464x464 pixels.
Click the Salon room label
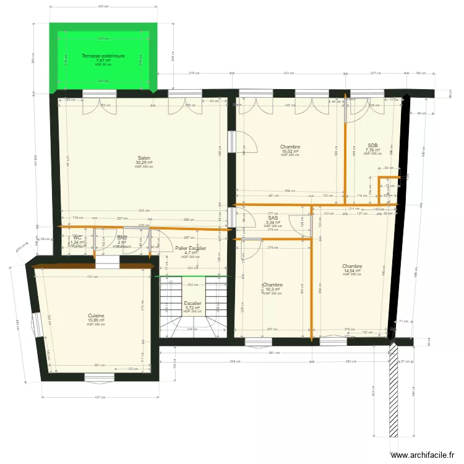coord(144,158)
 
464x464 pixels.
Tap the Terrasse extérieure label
coord(103,56)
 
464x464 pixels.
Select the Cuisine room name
coord(96,316)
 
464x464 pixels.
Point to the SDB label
coord(372,145)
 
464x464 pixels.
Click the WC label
coord(77,238)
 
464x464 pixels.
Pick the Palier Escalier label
coord(191,248)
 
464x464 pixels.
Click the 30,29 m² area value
coord(144,163)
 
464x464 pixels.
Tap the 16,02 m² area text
coord(290,151)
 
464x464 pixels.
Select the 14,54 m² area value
coord(352,270)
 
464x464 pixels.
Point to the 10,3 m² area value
coord(272,289)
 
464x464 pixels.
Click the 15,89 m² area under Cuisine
coord(96,320)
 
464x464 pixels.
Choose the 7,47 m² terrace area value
coord(103,60)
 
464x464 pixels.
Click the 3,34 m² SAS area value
coord(273,222)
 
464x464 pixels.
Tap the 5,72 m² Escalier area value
coord(193,307)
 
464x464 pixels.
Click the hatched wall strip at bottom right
coord(392,396)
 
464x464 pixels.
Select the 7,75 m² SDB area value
coord(372,150)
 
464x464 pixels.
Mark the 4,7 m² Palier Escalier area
coord(191,252)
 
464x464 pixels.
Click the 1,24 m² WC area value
coord(77,242)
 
